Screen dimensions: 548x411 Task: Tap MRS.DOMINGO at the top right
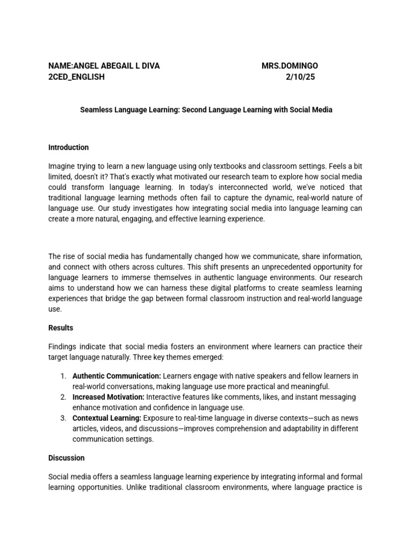(x=290, y=66)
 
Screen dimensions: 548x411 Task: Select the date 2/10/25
(x=301, y=77)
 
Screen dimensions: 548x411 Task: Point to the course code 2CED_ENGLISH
(x=77, y=77)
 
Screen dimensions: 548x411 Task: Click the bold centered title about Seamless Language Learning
(x=206, y=110)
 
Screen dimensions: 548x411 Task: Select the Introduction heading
(x=68, y=147)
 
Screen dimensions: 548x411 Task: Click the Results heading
(x=60, y=328)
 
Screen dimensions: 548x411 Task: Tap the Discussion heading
(x=66, y=458)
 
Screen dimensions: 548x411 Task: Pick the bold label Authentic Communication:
(x=116, y=376)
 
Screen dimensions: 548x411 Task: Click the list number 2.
(x=63, y=397)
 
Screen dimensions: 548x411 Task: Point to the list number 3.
(x=63, y=418)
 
